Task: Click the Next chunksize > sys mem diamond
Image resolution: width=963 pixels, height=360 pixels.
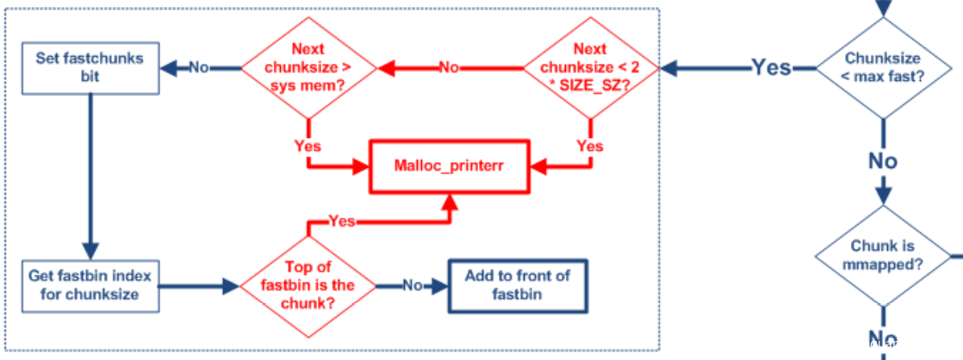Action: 309,67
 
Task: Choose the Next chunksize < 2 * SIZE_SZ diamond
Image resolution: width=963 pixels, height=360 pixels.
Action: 590,67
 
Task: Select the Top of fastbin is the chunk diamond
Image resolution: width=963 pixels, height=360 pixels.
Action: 309,286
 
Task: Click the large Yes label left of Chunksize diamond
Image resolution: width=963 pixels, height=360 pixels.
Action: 771,67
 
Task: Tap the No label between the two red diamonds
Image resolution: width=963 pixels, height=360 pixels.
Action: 448,67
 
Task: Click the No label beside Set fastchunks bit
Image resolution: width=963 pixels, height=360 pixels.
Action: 199,67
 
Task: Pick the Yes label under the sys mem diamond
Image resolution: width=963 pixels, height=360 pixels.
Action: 308,146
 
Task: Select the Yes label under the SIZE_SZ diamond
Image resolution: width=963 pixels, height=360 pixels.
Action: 589,146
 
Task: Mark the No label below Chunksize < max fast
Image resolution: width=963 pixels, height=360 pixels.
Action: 882,161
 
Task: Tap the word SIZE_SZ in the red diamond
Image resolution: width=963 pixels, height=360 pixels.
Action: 598,88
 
